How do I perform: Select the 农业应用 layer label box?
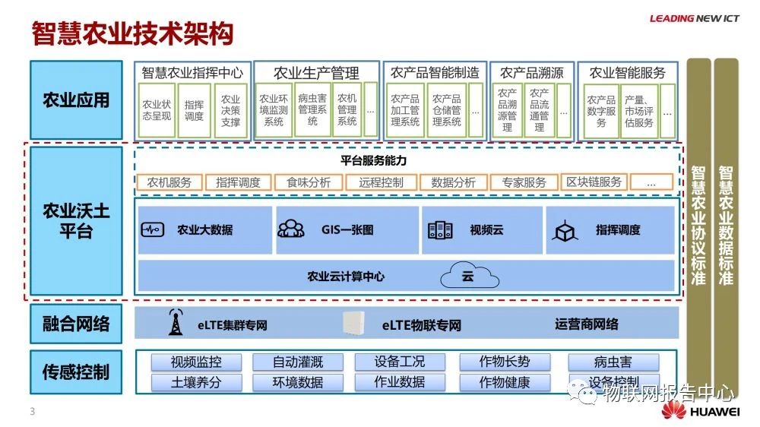click(x=76, y=100)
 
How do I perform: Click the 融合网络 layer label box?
click(x=76, y=324)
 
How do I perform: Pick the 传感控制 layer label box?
click(x=76, y=372)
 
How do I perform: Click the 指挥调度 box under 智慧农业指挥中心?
click(x=194, y=110)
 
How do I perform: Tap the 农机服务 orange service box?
click(x=169, y=182)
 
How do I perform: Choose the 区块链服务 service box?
click(x=594, y=182)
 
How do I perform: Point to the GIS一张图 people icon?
click(x=290, y=229)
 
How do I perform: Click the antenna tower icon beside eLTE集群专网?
click(x=176, y=323)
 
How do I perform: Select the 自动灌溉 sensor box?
click(x=287, y=362)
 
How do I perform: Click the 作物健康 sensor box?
click(x=505, y=382)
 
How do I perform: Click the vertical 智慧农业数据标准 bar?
click(x=726, y=225)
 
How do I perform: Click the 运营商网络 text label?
click(x=586, y=324)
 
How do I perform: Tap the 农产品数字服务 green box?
click(x=601, y=110)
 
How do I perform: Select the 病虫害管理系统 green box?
click(x=312, y=110)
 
